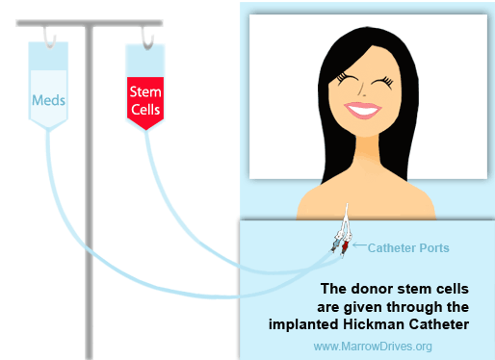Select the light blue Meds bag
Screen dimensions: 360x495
pyautogui.click(x=48, y=96)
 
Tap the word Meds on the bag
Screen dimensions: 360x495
pyautogui.click(x=48, y=99)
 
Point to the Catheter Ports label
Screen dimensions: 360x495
pyautogui.click(x=408, y=247)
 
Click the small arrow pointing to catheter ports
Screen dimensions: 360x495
pyautogui.click(x=358, y=247)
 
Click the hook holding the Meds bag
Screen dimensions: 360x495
pyautogui.click(x=46, y=36)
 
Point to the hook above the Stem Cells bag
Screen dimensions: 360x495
pyautogui.click(x=146, y=38)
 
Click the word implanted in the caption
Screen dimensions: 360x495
pyautogui.click(x=306, y=323)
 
